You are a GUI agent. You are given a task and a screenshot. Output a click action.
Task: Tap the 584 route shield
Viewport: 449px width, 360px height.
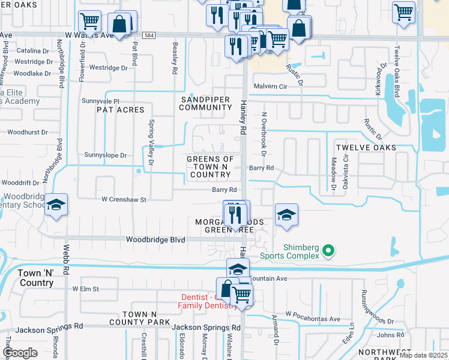[x=152, y=35]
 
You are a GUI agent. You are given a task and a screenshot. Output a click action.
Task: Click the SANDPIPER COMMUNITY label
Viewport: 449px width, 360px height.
[x=205, y=103]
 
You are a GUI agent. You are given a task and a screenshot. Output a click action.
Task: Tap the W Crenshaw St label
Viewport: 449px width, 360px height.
[x=124, y=199]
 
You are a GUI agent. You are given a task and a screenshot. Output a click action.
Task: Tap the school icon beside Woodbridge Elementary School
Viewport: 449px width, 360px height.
[x=56, y=205]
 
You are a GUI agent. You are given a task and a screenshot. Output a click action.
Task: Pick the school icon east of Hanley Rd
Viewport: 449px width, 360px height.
[x=286, y=215]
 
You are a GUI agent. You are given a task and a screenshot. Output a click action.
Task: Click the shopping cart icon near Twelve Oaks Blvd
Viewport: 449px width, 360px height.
[x=403, y=11]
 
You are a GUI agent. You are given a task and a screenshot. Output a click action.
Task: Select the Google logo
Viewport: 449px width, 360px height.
[x=20, y=353]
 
